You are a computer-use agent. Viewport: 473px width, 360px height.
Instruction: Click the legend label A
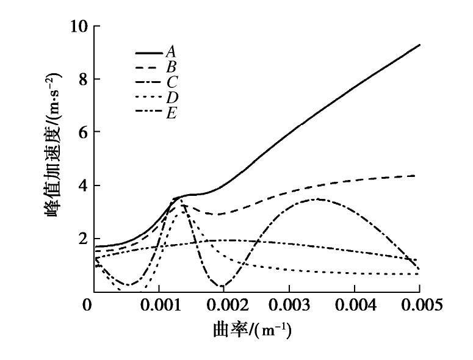click(x=171, y=52)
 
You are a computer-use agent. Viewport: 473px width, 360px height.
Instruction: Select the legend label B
click(x=171, y=67)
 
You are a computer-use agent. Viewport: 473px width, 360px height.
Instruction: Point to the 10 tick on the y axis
click(x=81, y=27)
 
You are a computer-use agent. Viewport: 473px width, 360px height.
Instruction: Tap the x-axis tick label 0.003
click(x=290, y=304)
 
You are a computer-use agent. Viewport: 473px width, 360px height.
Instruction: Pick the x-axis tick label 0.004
click(x=355, y=304)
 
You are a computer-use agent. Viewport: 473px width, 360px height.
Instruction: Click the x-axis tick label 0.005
click(x=420, y=304)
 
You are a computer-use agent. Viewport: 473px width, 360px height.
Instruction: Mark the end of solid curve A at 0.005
click(x=420, y=45)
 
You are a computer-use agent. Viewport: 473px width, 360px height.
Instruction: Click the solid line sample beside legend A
click(x=150, y=53)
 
